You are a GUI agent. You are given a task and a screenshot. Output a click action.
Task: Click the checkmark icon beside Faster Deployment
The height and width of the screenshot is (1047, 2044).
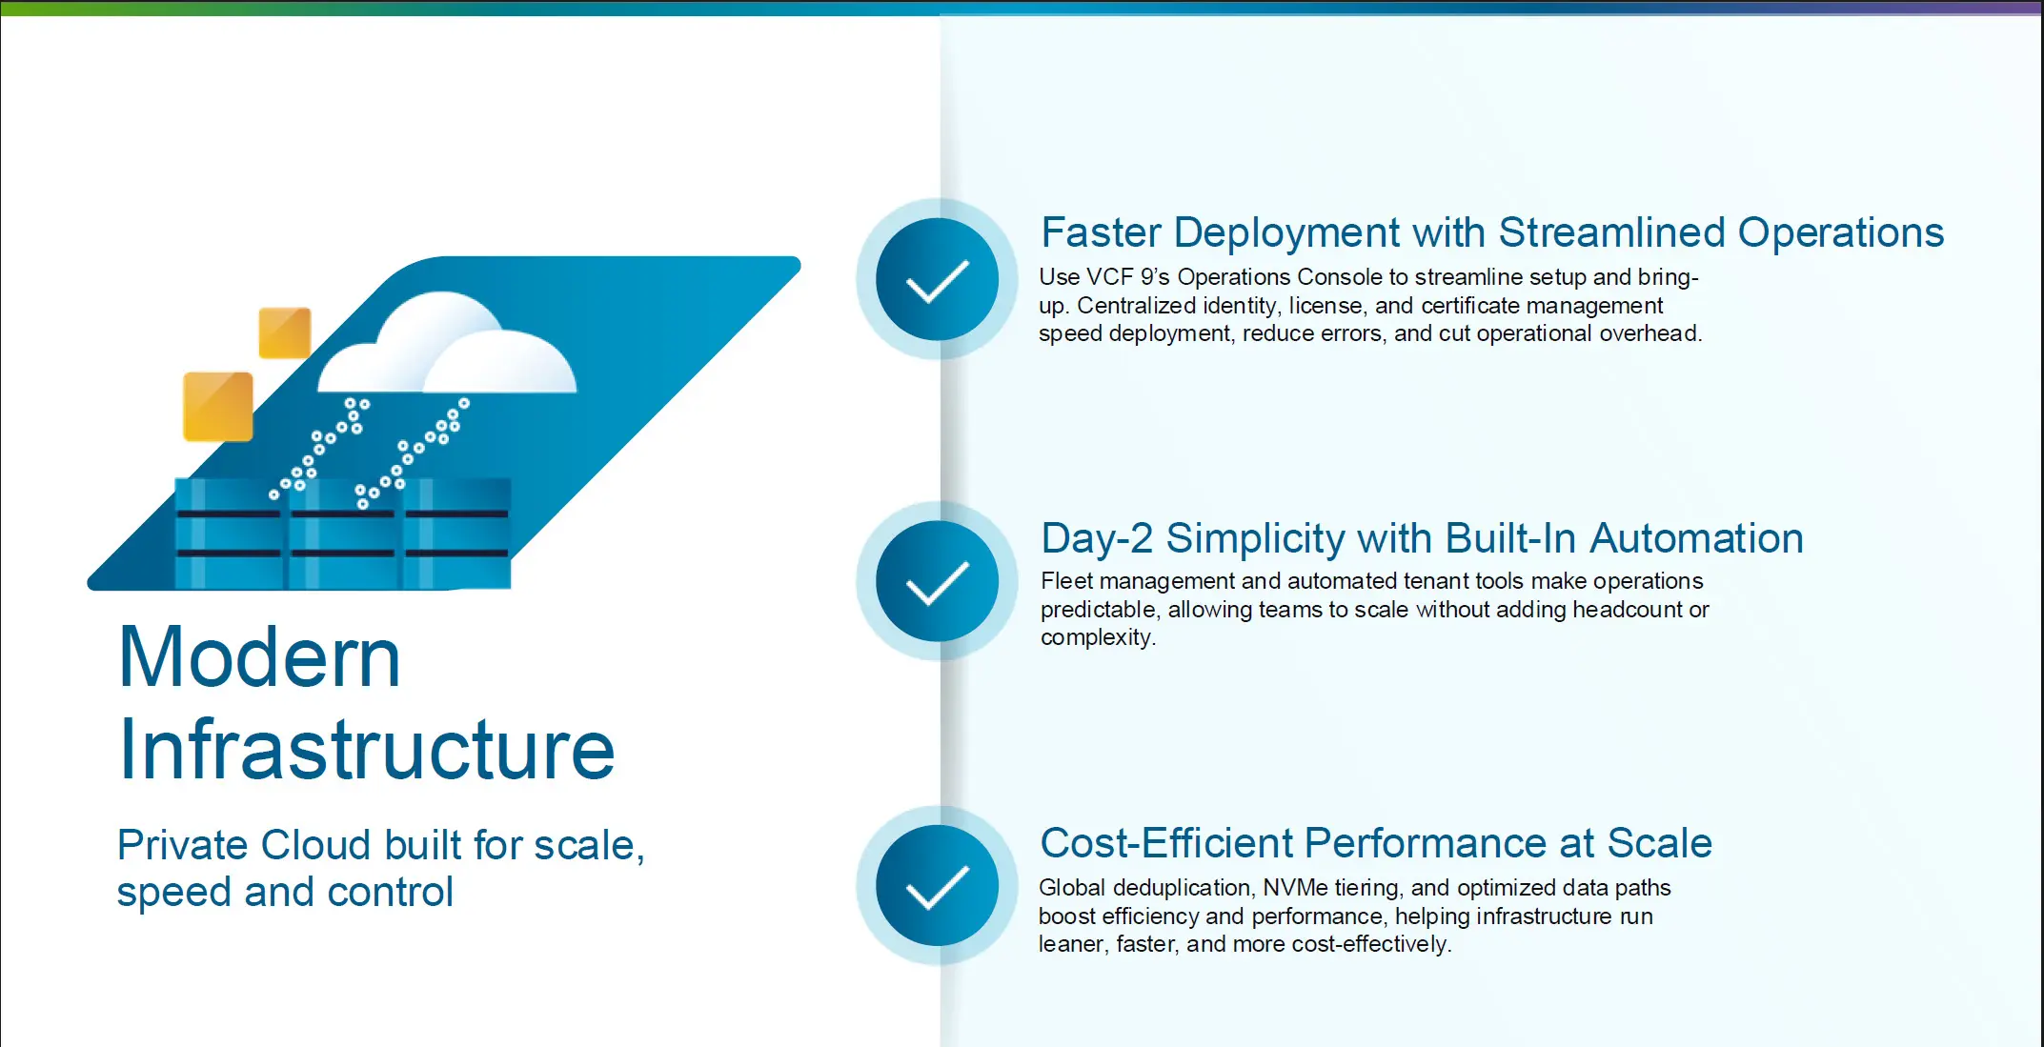tap(938, 279)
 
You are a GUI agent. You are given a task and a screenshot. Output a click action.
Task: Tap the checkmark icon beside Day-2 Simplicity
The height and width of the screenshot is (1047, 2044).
tap(938, 581)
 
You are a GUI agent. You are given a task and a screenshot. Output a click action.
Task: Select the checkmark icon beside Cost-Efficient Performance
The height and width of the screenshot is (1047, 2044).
tap(938, 886)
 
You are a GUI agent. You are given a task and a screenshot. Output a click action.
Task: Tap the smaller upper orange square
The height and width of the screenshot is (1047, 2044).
tap(285, 332)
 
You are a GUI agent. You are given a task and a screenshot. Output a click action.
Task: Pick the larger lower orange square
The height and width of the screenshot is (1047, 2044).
tap(218, 407)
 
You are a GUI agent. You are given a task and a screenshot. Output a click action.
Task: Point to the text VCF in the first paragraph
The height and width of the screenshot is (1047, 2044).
tap(1110, 277)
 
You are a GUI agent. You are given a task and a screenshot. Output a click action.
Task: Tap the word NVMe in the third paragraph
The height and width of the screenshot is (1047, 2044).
tap(1295, 888)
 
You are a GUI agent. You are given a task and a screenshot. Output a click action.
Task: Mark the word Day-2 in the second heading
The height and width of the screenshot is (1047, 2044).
tap(1097, 539)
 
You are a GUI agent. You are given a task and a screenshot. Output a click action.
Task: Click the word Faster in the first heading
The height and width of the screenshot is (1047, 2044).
tap(1101, 232)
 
